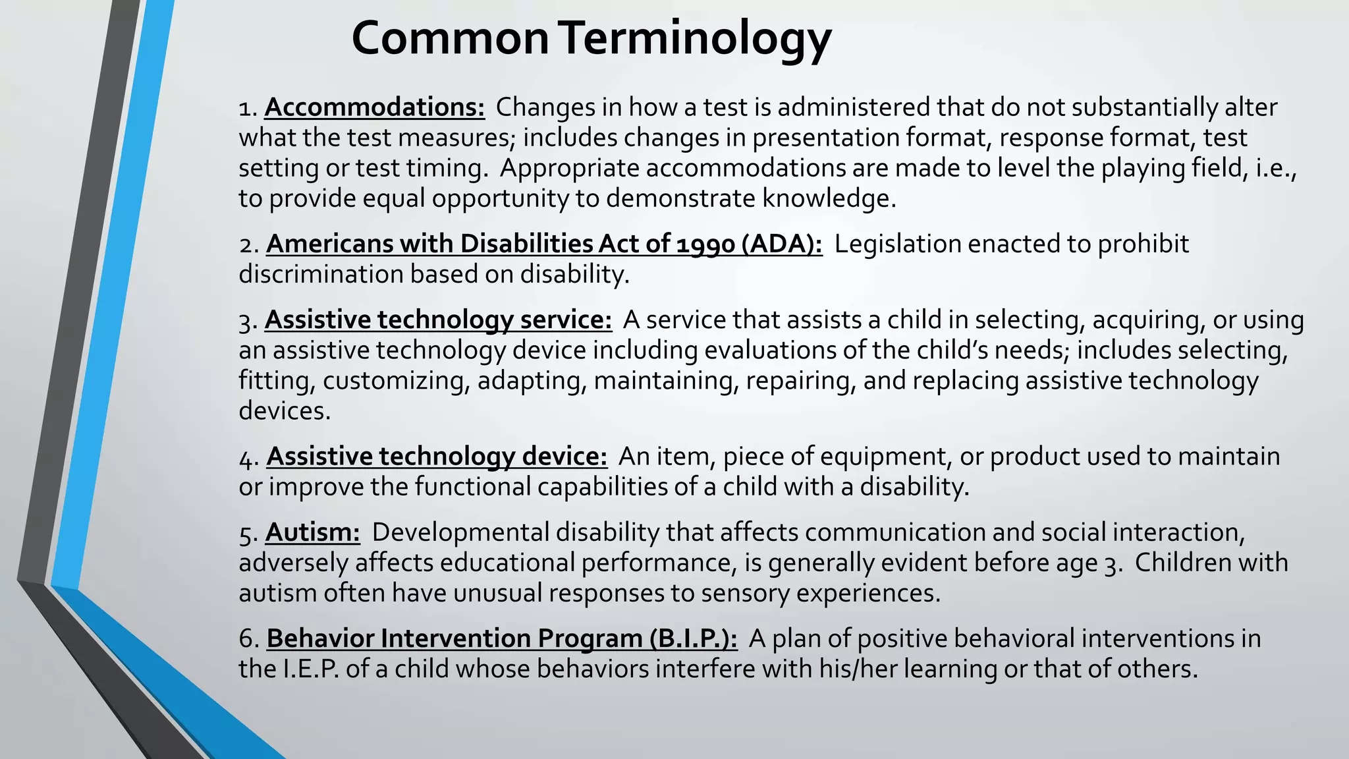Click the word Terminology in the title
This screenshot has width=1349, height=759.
click(x=696, y=38)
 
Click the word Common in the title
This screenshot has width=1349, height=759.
click(x=450, y=38)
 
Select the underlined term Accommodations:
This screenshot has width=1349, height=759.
click(x=374, y=107)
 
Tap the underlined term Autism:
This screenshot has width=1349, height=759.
click(x=312, y=532)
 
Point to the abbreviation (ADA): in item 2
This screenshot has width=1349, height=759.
click(x=781, y=244)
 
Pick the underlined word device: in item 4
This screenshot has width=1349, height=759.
click(x=564, y=457)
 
